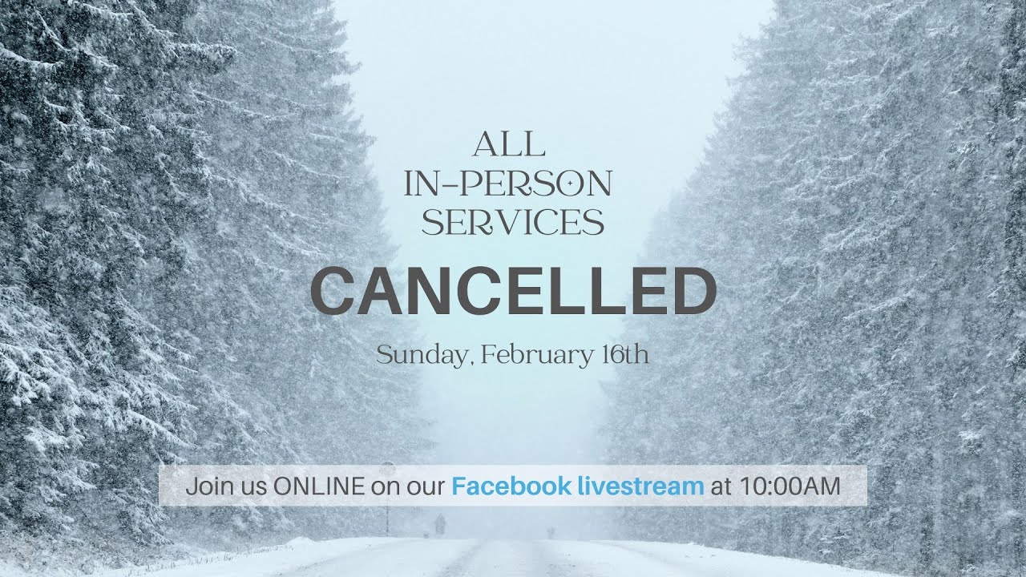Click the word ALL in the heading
pos(509,145)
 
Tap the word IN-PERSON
pos(508,184)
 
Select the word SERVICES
pos(513,222)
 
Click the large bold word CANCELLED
pos(513,291)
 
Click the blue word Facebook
pos(511,486)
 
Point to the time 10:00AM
pos(790,486)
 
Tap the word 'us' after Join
pos(254,486)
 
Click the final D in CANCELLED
pos(693,292)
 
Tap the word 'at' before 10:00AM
pos(721,486)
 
